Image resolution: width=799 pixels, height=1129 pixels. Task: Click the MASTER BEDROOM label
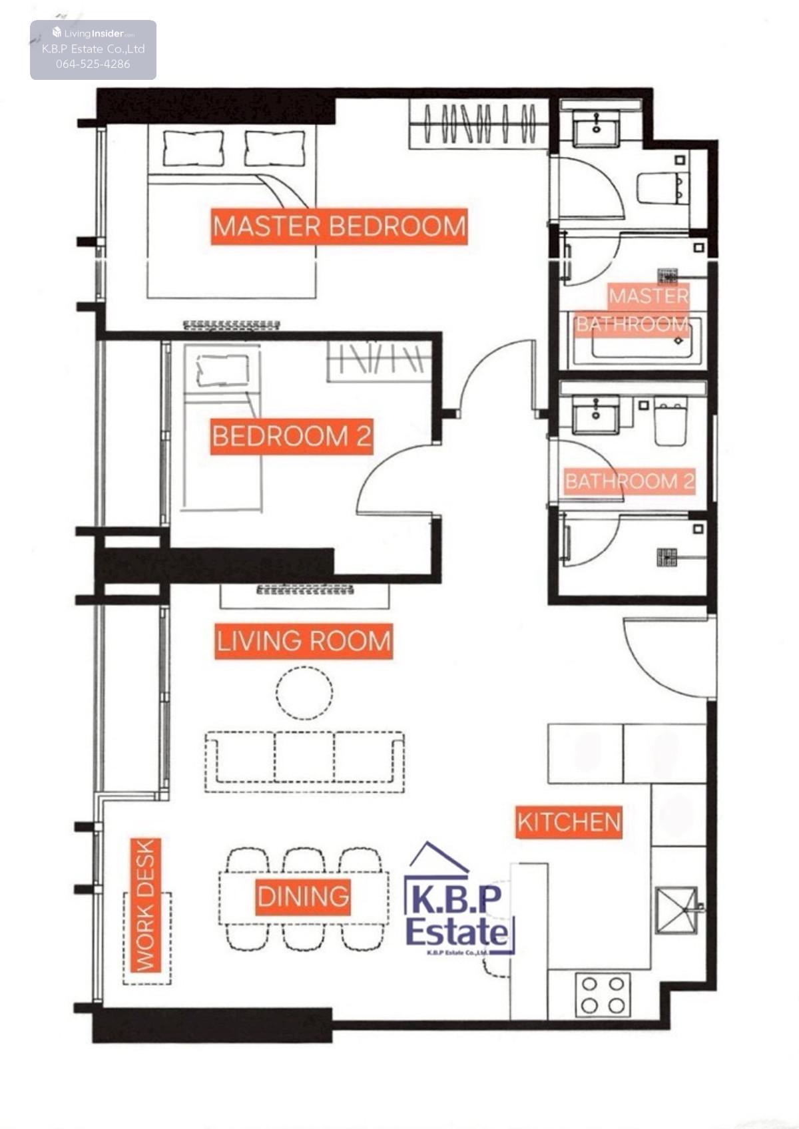339,226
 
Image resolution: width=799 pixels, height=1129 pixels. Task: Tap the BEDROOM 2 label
292,436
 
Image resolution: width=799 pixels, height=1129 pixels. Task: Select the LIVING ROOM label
304,641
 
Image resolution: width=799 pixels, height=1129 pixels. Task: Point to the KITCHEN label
568,822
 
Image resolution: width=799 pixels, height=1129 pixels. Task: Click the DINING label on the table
302,897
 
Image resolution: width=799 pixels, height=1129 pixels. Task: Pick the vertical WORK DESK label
145,905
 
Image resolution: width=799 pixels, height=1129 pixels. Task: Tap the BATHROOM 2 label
629,481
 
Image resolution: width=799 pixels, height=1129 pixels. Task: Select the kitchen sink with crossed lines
676,910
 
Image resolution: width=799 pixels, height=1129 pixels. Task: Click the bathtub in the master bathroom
636,340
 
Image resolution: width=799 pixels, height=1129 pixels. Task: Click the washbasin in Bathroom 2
596,413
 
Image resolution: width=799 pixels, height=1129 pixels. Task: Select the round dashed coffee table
304,692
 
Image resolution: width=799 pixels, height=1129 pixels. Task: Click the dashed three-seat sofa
304,762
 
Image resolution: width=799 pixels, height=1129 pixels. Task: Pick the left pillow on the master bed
193,148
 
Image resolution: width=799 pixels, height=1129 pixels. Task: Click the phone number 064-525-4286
93,64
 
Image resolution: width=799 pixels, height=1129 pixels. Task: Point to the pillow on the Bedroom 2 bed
222,369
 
